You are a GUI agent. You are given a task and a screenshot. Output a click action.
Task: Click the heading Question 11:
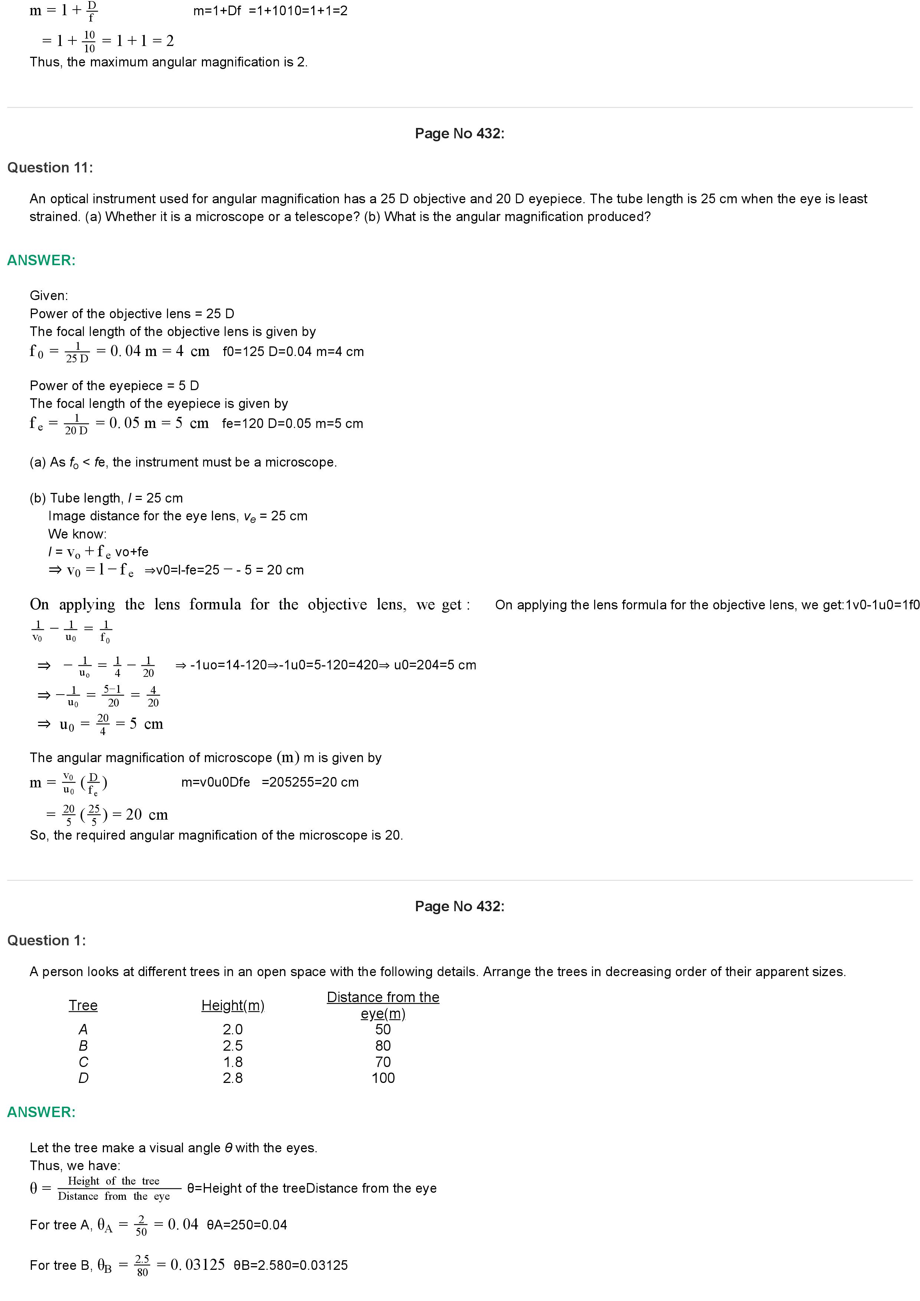50,168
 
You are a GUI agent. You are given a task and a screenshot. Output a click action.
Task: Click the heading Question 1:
46,941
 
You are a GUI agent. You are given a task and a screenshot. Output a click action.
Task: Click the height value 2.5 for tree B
232,1045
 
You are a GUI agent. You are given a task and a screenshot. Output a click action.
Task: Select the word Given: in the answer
49,296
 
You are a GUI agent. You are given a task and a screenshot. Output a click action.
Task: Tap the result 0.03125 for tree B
197,1265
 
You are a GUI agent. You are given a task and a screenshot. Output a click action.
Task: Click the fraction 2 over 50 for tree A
141,1225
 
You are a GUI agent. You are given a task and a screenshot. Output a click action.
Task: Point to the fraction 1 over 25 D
77,352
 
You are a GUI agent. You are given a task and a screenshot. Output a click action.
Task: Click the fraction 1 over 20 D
76,424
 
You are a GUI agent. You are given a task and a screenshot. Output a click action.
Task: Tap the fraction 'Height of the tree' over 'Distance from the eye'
114,1188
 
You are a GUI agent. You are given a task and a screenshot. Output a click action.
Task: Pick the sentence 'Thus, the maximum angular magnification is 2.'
168,62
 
